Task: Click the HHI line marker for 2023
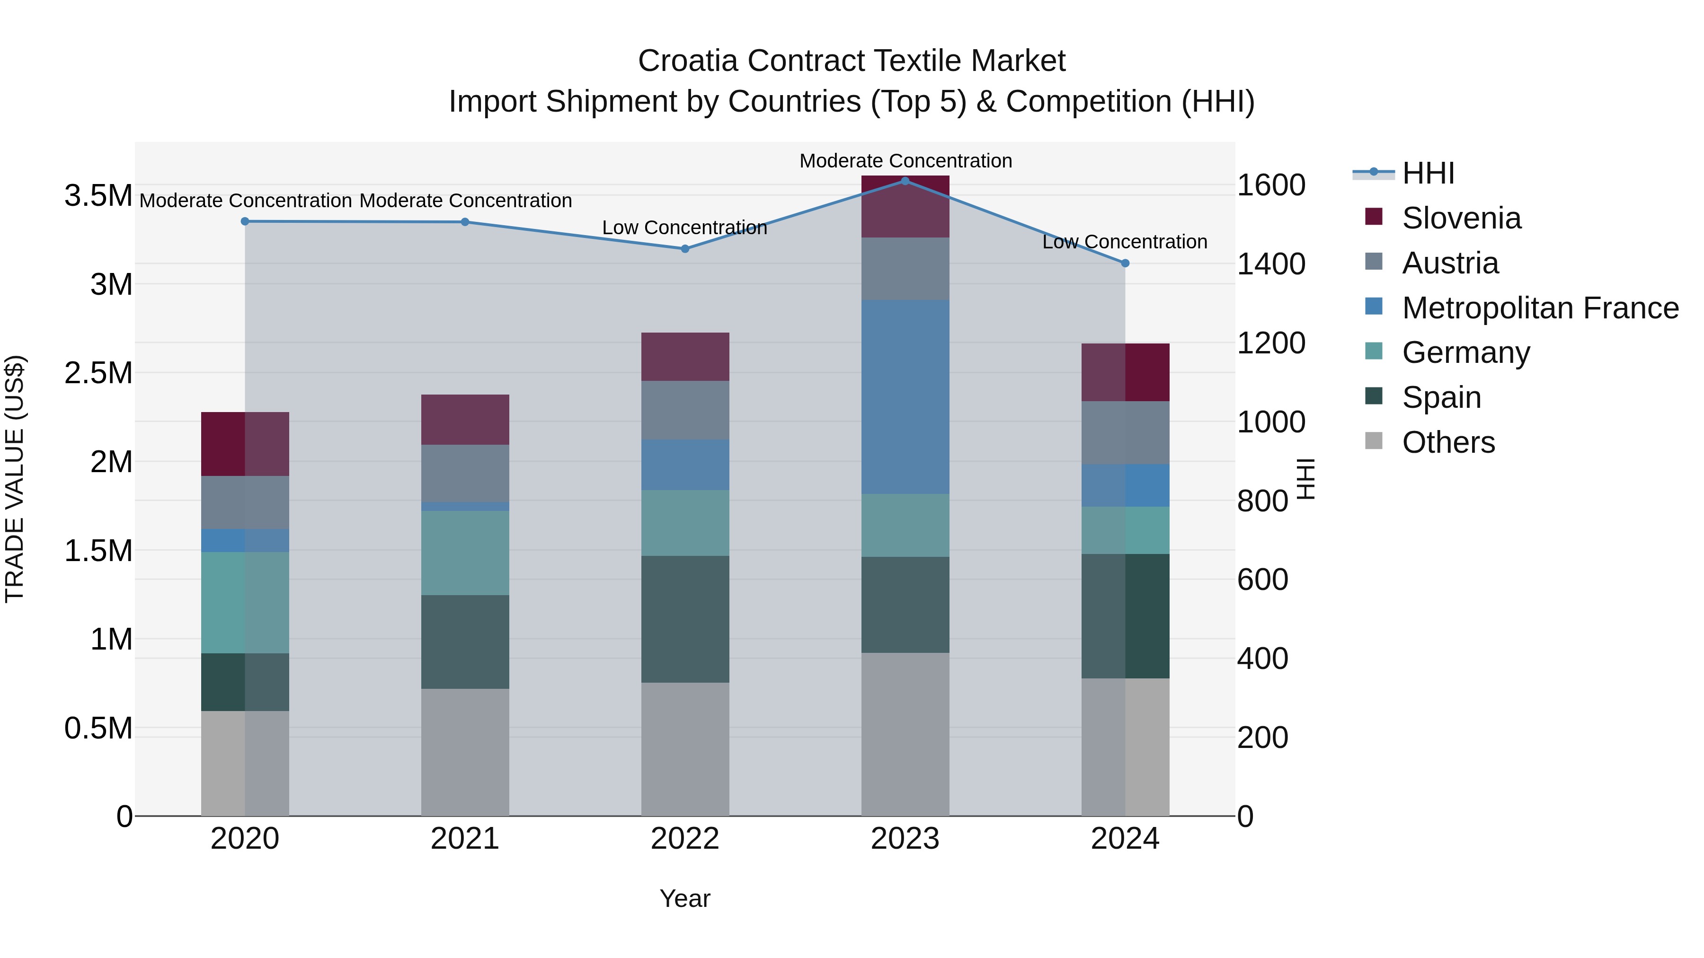[x=905, y=181]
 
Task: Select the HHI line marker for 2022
[x=684, y=248]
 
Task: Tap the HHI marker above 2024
[x=1125, y=263]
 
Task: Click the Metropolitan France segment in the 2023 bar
[x=905, y=397]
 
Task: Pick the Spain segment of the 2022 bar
[x=684, y=619]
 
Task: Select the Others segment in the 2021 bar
[x=465, y=752]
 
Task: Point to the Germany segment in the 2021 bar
[x=465, y=553]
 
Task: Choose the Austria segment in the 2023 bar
[x=905, y=268]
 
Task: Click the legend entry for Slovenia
[x=1461, y=218]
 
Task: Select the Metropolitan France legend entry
[x=1540, y=308]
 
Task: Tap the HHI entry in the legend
[x=1428, y=173]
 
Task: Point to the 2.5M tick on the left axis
[x=98, y=373]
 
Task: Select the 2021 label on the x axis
[x=465, y=839]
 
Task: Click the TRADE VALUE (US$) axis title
[x=15, y=479]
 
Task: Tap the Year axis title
[x=684, y=898]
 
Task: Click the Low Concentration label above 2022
[x=684, y=228]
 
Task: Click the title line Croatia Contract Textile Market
[x=852, y=61]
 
